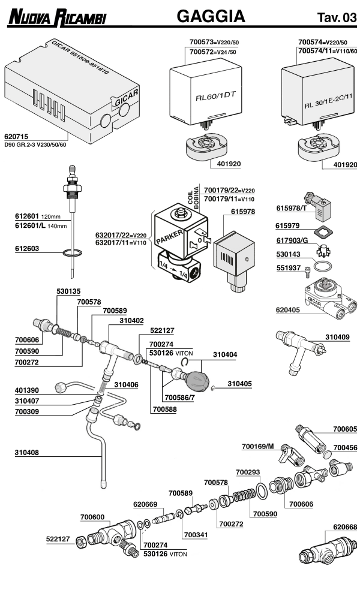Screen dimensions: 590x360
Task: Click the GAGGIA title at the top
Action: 211,17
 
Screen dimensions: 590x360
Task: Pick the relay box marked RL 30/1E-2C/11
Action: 319,93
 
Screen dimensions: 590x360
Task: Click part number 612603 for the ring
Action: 29,246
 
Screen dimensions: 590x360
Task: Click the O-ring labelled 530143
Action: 323,264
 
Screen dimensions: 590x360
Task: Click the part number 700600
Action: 92,516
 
